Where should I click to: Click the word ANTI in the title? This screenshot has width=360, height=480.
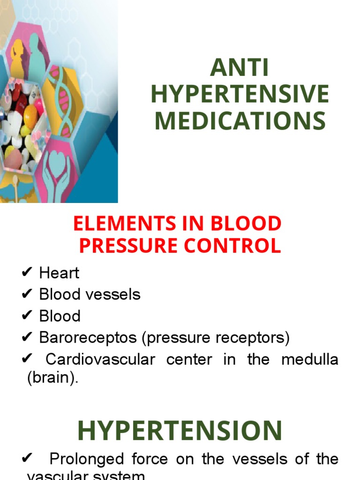tap(240, 69)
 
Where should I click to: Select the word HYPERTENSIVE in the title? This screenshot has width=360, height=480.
tap(240, 95)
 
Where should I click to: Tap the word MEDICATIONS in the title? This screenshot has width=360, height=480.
tap(240, 120)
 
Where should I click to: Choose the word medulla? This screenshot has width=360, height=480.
tap(310, 360)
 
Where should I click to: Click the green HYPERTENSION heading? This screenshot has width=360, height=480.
tap(180, 430)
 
